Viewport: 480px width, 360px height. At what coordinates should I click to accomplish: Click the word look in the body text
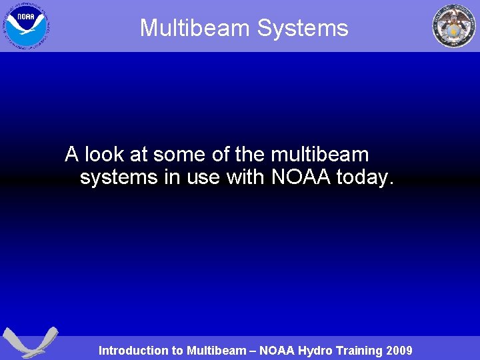[x=105, y=155]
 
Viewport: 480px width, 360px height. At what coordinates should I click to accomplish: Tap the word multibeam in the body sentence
[x=320, y=155]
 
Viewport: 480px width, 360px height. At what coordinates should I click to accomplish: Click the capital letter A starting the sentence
[x=72, y=155]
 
